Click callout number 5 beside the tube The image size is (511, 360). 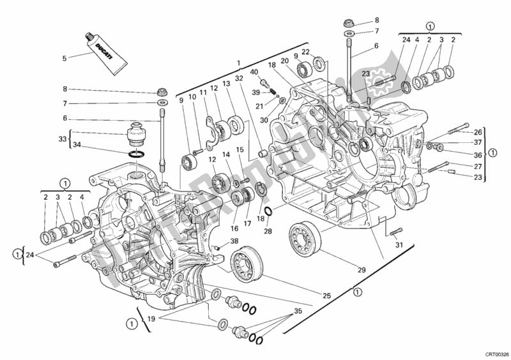(x=64, y=58)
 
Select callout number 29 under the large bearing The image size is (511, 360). (x=361, y=270)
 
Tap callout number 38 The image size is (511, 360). (x=234, y=241)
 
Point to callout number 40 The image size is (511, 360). (x=254, y=72)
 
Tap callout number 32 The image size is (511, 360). (x=240, y=79)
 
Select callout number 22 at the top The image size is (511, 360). (x=307, y=52)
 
